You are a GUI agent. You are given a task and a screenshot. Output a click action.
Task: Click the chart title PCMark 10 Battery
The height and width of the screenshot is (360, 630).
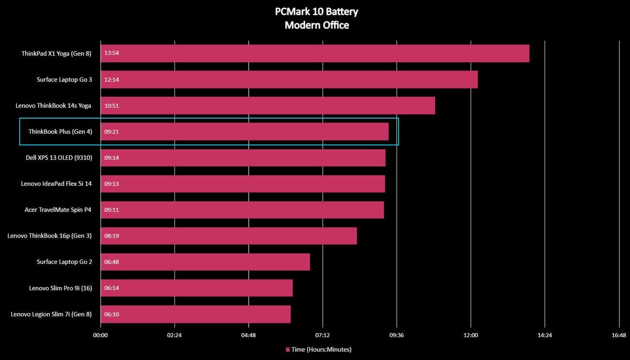click(x=316, y=12)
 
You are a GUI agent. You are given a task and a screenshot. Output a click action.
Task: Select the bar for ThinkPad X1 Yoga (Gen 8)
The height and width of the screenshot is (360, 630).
click(x=315, y=53)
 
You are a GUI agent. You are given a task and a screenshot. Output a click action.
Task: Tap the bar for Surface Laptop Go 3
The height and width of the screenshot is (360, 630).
click(x=289, y=79)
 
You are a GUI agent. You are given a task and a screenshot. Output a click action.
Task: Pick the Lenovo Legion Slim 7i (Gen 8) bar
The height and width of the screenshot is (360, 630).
click(x=195, y=314)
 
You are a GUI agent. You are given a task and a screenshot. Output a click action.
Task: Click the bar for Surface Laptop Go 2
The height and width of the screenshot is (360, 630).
click(x=205, y=262)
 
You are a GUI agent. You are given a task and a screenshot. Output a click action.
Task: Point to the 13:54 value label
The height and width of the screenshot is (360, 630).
click(x=111, y=53)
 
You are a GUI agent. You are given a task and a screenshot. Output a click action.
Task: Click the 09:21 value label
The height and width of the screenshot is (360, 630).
click(x=111, y=132)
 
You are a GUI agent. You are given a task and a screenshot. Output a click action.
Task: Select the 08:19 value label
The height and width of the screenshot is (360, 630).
click(x=111, y=236)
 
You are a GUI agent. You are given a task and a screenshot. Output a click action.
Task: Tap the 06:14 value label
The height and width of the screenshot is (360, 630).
click(x=111, y=288)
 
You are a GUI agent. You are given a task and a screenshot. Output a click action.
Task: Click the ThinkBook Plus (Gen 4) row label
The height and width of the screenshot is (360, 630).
click(x=60, y=132)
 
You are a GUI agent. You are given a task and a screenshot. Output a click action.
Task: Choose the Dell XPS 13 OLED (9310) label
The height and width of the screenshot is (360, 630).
click(x=59, y=157)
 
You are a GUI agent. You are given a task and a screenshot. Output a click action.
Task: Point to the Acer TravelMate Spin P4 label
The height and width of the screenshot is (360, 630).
click(x=58, y=210)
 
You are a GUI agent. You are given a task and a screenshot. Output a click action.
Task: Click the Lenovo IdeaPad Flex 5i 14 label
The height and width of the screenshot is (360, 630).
click(x=56, y=184)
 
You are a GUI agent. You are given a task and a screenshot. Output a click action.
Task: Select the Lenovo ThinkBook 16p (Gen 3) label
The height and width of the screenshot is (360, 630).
click(x=49, y=236)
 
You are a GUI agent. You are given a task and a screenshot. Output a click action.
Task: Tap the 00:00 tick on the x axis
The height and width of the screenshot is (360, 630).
click(x=100, y=335)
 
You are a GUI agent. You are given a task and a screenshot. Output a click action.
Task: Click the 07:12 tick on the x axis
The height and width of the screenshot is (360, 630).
click(x=322, y=335)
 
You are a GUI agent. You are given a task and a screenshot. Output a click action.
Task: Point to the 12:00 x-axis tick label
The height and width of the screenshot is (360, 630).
click(x=471, y=335)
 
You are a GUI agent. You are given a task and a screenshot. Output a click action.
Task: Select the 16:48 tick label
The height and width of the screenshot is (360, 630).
click(x=619, y=335)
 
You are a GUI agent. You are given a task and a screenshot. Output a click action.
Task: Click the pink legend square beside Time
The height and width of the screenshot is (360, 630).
click(x=287, y=349)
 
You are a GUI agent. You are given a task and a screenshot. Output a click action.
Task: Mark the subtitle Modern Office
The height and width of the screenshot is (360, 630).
click(x=316, y=25)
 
